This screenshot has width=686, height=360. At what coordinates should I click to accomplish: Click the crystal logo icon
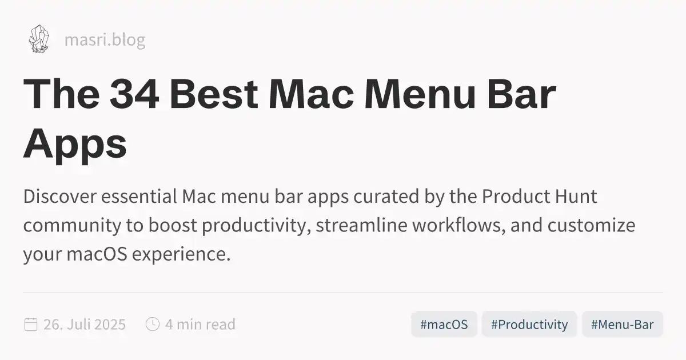point(38,39)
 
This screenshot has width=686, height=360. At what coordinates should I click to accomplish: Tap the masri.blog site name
point(105,40)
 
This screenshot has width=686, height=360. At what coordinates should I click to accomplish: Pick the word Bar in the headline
point(522,94)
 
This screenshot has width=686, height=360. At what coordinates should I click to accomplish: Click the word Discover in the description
point(59,197)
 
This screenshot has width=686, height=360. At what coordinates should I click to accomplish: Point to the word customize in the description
point(591,226)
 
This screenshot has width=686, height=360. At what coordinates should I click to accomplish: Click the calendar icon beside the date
point(31,325)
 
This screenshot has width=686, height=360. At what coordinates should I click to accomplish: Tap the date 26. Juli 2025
point(85,325)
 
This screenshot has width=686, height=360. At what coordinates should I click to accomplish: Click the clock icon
point(153,325)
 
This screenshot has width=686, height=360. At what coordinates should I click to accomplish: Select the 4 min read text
point(200,325)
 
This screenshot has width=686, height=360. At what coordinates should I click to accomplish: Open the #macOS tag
point(444,325)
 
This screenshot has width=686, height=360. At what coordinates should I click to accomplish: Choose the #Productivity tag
point(529,325)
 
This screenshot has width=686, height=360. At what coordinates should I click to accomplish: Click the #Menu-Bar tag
point(622,325)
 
